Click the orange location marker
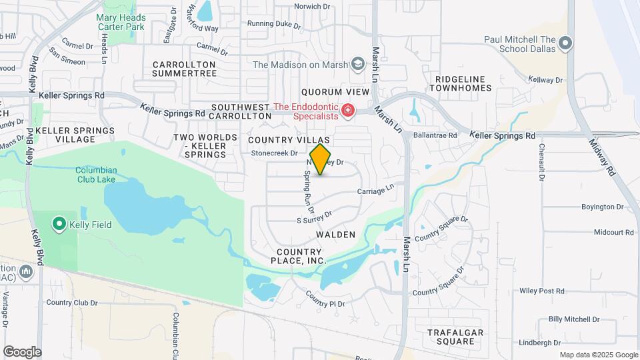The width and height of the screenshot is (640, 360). (x=321, y=159)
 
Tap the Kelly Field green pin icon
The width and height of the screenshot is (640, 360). (x=59, y=225)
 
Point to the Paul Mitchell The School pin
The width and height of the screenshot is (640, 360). (x=566, y=44)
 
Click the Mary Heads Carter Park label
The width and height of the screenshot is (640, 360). (x=120, y=22)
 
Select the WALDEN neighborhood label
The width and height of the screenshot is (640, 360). (x=336, y=235)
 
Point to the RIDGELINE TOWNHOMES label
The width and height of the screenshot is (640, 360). (x=463, y=83)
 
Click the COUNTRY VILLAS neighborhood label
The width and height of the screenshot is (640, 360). (x=289, y=140)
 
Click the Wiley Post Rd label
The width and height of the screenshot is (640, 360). (x=541, y=291)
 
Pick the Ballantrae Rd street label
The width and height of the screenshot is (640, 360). (x=435, y=135)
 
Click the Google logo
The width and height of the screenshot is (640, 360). (x=22, y=352)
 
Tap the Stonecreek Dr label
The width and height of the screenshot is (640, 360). (x=273, y=153)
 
